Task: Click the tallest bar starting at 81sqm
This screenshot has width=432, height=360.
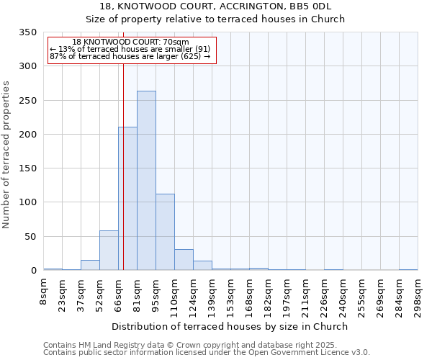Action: point(146,181)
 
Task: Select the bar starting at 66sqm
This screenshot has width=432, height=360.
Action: point(127,199)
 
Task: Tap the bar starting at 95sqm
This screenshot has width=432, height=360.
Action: point(165,232)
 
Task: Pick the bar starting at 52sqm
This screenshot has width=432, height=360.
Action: point(109,251)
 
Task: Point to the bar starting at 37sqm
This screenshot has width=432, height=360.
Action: point(90,265)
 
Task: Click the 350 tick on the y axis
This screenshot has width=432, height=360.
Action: point(27,32)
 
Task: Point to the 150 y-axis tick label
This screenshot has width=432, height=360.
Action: point(27,168)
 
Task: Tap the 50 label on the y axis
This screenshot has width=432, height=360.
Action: point(30,237)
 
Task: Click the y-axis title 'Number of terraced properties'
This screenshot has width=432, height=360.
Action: point(7,154)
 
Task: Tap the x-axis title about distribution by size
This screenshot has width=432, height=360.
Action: point(230,326)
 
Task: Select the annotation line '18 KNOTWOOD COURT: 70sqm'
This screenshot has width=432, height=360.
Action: point(131,42)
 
